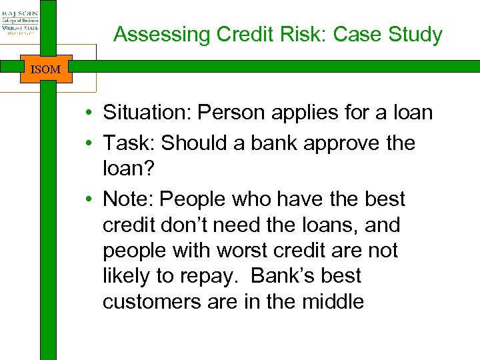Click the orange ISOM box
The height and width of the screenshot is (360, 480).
coord(45,69)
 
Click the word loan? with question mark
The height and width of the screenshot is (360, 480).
coord(127,169)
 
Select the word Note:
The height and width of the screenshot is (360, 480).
coord(129,199)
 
